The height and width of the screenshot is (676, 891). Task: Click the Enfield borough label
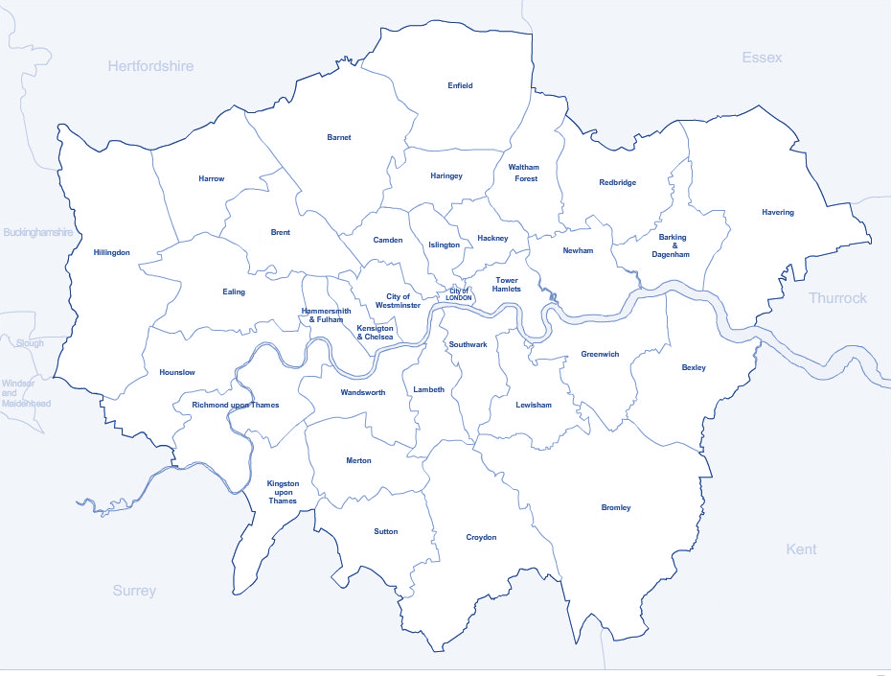[x=460, y=85]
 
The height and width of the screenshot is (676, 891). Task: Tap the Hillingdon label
[x=111, y=253]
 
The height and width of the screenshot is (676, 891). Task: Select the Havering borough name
[x=777, y=212]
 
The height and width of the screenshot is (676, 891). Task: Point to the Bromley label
[x=616, y=507]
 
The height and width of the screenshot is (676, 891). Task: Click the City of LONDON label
[x=459, y=294]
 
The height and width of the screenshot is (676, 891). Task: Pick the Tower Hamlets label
[x=506, y=284]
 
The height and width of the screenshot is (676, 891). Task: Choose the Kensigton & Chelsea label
[x=375, y=333]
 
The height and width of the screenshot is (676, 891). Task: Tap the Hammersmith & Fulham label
[x=327, y=315]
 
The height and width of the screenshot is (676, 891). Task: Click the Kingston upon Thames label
[x=283, y=492]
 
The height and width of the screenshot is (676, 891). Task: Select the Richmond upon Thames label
[x=236, y=405]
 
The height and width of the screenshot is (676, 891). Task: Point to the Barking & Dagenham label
[x=672, y=245]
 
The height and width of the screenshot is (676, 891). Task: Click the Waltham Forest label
[x=523, y=173]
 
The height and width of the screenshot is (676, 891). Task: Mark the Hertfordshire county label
[x=150, y=66]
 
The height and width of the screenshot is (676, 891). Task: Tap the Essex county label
[x=762, y=58]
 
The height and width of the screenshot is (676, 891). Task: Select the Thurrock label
[x=837, y=298]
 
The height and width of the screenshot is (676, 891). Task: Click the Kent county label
[x=801, y=549]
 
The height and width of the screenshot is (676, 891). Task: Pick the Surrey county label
[x=134, y=591]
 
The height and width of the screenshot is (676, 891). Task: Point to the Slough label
[x=29, y=342]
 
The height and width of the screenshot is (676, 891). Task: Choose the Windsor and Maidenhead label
[x=26, y=393]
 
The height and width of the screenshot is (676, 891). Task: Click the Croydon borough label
[x=481, y=537]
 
